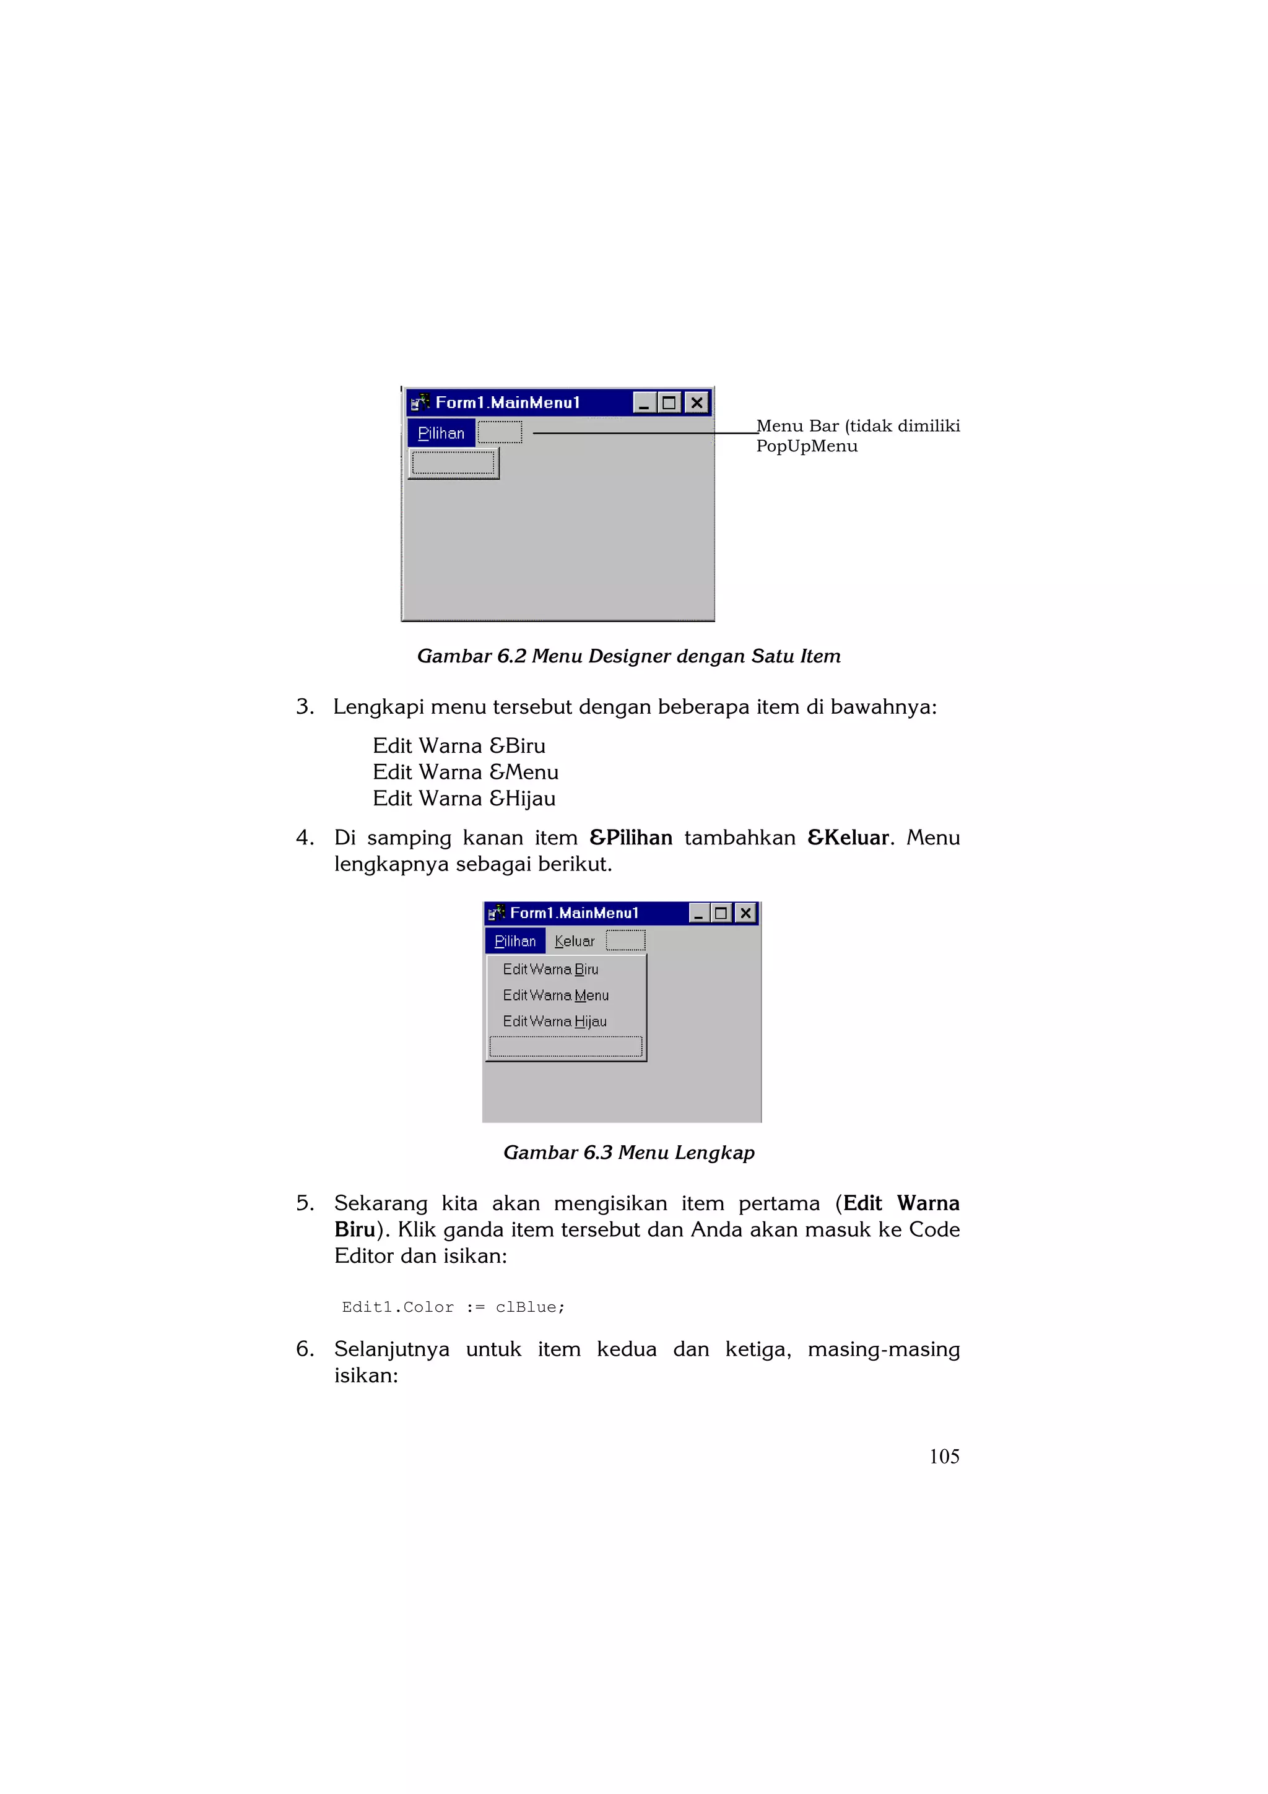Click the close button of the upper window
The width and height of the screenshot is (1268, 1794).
click(696, 402)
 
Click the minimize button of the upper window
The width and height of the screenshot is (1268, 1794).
click(644, 402)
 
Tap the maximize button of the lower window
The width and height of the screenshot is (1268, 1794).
click(721, 912)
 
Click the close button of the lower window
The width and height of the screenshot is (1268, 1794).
click(746, 912)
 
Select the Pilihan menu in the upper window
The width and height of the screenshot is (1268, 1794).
click(441, 433)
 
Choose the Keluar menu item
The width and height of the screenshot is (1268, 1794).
click(574, 942)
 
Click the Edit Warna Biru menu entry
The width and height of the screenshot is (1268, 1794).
click(551, 969)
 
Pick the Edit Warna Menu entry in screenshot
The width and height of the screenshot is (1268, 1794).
click(555, 995)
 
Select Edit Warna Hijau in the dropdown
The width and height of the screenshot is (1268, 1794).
click(555, 1021)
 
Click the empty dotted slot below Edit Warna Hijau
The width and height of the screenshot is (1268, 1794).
click(566, 1046)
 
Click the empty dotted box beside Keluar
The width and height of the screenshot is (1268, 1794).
click(625, 940)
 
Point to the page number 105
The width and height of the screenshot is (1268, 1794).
click(944, 1457)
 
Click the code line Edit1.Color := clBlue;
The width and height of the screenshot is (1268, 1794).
click(453, 1307)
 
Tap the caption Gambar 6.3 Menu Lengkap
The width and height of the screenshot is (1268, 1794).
click(629, 1153)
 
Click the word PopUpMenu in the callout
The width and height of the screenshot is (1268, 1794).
click(806, 446)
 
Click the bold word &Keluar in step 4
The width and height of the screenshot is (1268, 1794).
click(848, 838)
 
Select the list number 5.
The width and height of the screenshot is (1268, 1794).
click(304, 1203)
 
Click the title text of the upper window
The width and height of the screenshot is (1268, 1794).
click(508, 402)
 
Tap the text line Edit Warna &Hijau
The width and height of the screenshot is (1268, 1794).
click(464, 799)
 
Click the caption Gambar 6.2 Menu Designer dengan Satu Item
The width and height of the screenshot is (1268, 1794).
click(629, 656)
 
